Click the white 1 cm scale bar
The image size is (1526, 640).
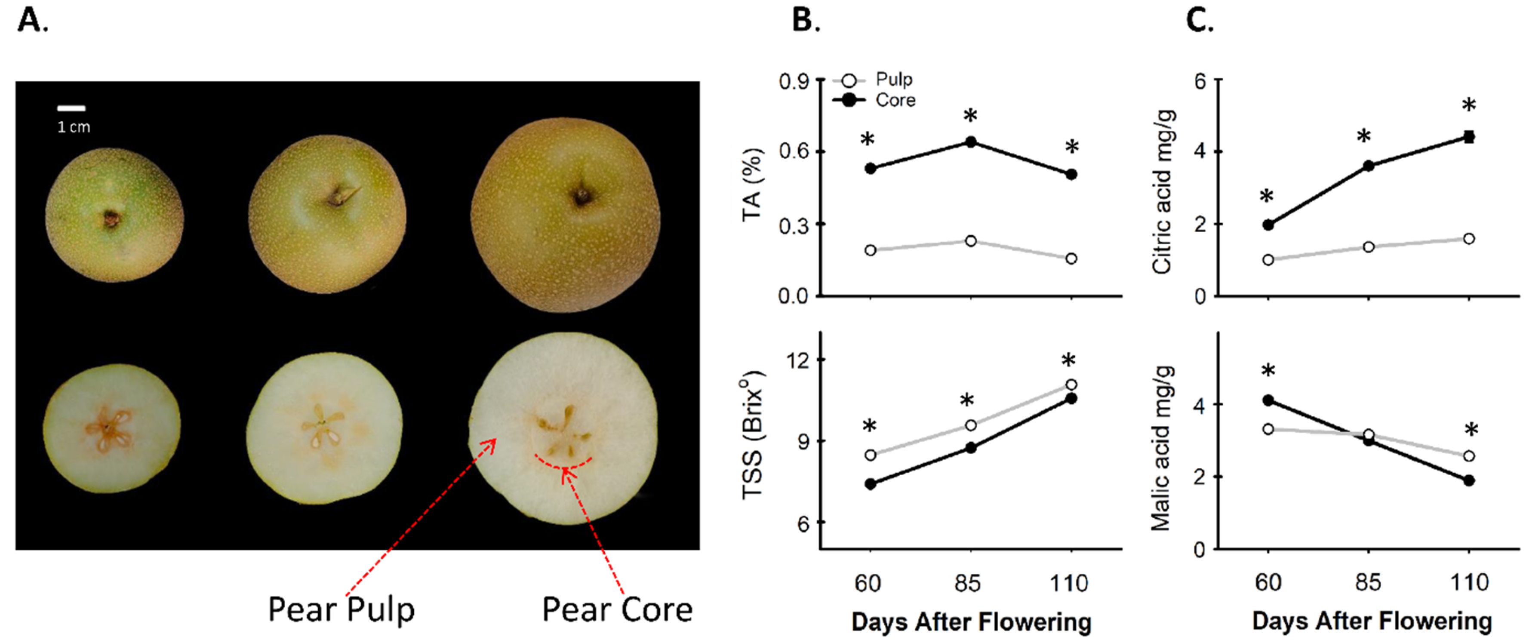(71, 108)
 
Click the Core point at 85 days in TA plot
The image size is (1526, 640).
(971, 142)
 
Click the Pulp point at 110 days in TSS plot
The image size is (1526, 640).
(1071, 385)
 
